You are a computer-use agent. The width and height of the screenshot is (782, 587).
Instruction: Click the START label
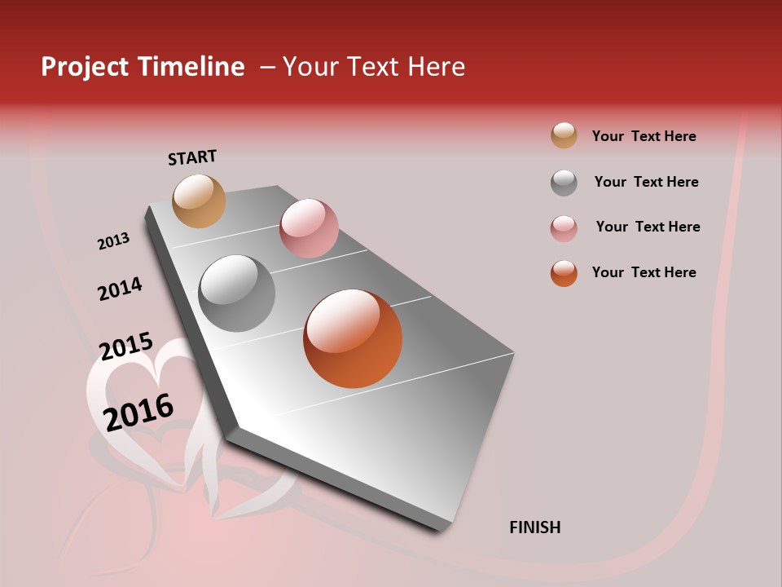coord(192,157)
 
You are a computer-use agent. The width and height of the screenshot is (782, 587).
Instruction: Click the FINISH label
coord(534,527)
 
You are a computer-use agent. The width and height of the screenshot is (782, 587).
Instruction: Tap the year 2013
coord(113,241)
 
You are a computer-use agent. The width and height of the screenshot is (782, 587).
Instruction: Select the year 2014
coord(120,289)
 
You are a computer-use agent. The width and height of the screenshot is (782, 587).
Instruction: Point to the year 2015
coord(125,346)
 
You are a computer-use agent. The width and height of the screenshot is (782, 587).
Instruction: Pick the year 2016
coord(138,413)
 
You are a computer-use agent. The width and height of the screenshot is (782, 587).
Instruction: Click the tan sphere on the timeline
coord(199,201)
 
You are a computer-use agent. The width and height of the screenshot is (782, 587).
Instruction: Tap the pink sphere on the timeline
coord(309,228)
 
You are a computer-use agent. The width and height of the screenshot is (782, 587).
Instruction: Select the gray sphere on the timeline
coord(236,293)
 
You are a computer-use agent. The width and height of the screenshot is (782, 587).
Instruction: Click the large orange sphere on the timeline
coord(353,338)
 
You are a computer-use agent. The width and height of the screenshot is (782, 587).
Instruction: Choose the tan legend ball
coord(564,135)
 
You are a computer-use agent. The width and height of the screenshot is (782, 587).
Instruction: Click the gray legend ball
coord(564,183)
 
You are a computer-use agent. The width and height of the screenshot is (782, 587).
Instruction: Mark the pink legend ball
coord(564,228)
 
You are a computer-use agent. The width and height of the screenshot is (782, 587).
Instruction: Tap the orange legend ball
coord(564,273)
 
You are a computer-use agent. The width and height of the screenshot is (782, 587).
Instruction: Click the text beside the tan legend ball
coord(644,136)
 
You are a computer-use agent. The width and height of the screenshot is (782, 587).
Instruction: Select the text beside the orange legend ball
coord(644,272)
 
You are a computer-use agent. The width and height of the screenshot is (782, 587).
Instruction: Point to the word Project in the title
coord(85,67)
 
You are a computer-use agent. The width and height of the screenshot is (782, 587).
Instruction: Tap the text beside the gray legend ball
coord(646,182)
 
